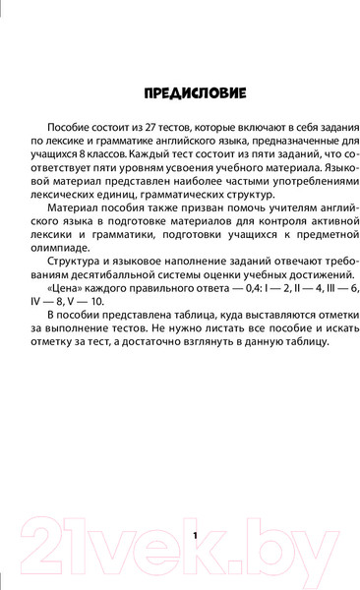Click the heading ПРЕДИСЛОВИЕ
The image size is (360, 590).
[179, 94]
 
